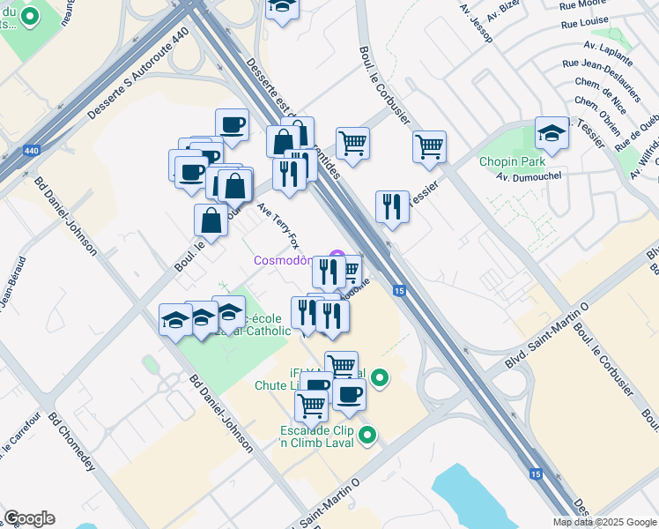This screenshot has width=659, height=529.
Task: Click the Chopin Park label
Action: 512,161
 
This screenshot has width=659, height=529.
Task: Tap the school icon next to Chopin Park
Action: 552,135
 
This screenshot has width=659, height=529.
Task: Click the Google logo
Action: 29,518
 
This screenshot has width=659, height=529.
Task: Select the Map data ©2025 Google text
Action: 605,522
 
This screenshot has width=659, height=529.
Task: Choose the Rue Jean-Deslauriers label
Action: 601,68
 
